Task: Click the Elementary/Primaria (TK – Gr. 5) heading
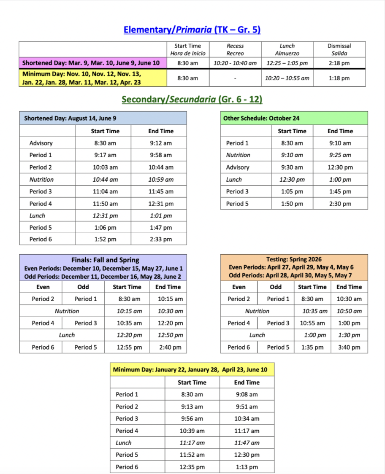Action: tap(192, 30)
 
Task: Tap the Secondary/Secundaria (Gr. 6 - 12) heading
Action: tap(192, 100)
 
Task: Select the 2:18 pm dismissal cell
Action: tap(339, 63)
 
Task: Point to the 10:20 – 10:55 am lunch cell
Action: tap(287, 78)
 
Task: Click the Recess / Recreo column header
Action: tap(235, 49)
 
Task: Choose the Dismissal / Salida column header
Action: tap(339, 49)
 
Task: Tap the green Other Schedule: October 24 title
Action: tap(261, 118)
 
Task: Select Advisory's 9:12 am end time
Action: tap(160, 143)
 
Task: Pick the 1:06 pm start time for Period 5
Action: tap(105, 227)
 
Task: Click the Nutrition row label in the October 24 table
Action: tap(238, 155)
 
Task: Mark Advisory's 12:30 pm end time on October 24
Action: tap(340, 167)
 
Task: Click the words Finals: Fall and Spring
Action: tap(105, 260)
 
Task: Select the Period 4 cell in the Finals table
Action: tap(43, 323)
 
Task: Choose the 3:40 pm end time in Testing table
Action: tap(349, 347)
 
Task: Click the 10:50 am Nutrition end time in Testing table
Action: tap(349, 311)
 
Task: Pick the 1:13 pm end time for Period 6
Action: tap(247, 467)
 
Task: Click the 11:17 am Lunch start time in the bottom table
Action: tap(192, 443)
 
